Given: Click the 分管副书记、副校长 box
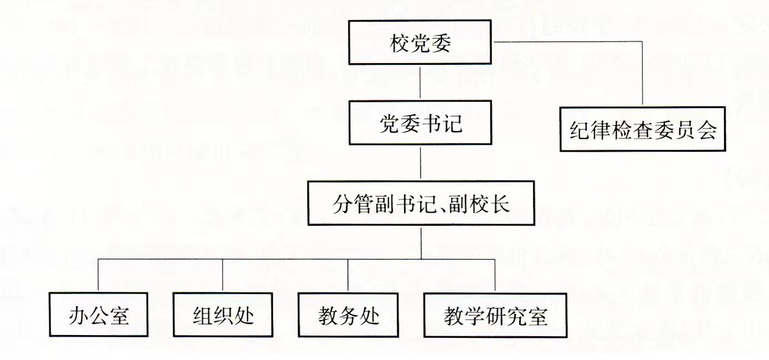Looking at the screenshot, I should coord(421,203).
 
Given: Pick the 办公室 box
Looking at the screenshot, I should coord(99,315).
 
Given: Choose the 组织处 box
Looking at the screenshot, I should coord(223,315).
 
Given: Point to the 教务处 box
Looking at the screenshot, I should coord(348,315).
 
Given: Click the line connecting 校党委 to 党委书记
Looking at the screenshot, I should coord(421,83).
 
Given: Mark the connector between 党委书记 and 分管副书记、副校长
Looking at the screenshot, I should coord(421,163).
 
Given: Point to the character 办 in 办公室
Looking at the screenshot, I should coord(79,316).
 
